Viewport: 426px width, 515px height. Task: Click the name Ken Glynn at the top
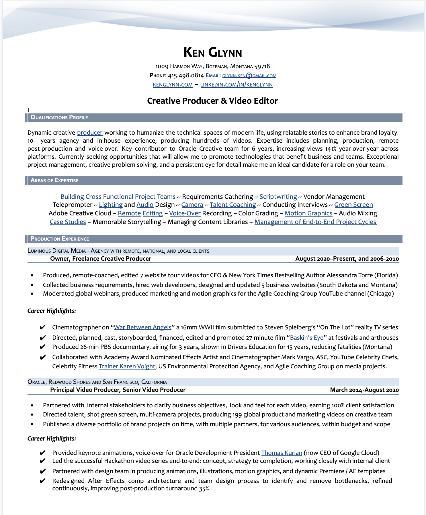point(213,52)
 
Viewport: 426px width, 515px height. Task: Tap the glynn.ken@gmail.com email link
point(249,76)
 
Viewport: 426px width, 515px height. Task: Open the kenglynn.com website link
point(173,85)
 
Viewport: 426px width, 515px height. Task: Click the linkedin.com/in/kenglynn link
point(236,85)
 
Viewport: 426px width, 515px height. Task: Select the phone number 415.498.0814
point(186,76)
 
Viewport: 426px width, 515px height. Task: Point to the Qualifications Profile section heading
point(59,117)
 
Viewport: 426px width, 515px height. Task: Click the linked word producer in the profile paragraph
point(90,133)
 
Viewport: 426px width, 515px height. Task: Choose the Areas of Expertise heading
point(54,180)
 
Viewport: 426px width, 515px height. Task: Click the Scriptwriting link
point(278,197)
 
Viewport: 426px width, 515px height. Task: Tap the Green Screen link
point(353,205)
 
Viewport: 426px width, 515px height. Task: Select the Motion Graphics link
point(308,213)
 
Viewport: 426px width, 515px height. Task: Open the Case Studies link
point(68,222)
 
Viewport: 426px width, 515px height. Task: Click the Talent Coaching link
point(233,205)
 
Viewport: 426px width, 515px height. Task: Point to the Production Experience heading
point(60,239)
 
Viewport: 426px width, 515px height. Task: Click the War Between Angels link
point(142,327)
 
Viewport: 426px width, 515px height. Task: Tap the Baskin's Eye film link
point(306,338)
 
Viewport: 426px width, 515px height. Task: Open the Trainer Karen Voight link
point(127,366)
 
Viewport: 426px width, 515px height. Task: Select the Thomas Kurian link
point(282,453)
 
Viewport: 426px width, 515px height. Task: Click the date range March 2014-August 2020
point(364,390)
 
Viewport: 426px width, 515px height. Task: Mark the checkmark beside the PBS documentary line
point(42,347)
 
